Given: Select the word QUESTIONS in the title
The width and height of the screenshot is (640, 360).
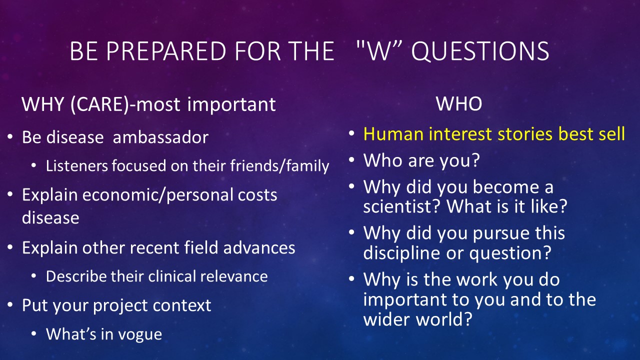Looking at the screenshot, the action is coord(480,51).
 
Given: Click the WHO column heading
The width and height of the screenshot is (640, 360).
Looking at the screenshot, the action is coord(459,103).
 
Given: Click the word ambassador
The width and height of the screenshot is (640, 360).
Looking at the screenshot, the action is coord(160,137).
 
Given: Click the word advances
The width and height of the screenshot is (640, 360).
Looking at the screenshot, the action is coord(259,247).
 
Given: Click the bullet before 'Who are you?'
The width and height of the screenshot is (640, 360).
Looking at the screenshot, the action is coord(351,160).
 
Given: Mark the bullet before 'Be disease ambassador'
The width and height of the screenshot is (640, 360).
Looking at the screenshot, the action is coord(10,137).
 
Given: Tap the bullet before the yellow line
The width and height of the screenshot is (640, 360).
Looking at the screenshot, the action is coord(351,133).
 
